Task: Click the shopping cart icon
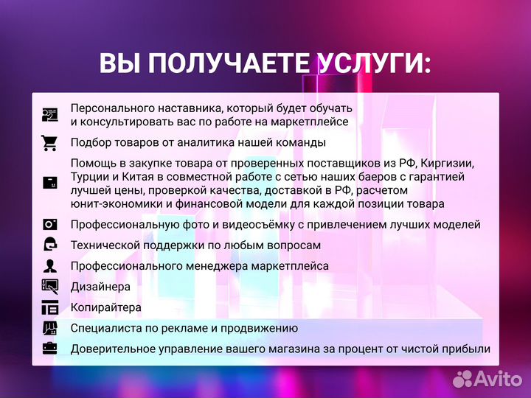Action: [x=50, y=142]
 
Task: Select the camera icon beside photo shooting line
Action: [x=50, y=224]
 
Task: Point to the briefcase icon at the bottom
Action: [x=50, y=348]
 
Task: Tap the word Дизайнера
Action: [x=101, y=286]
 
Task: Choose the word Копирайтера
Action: [x=106, y=307]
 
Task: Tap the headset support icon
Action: [x=50, y=245]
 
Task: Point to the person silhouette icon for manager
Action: [x=50, y=265]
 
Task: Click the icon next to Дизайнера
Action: [x=50, y=286]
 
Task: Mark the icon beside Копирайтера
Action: [x=50, y=307]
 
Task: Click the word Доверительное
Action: [x=110, y=348]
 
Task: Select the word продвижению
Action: [x=260, y=328]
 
